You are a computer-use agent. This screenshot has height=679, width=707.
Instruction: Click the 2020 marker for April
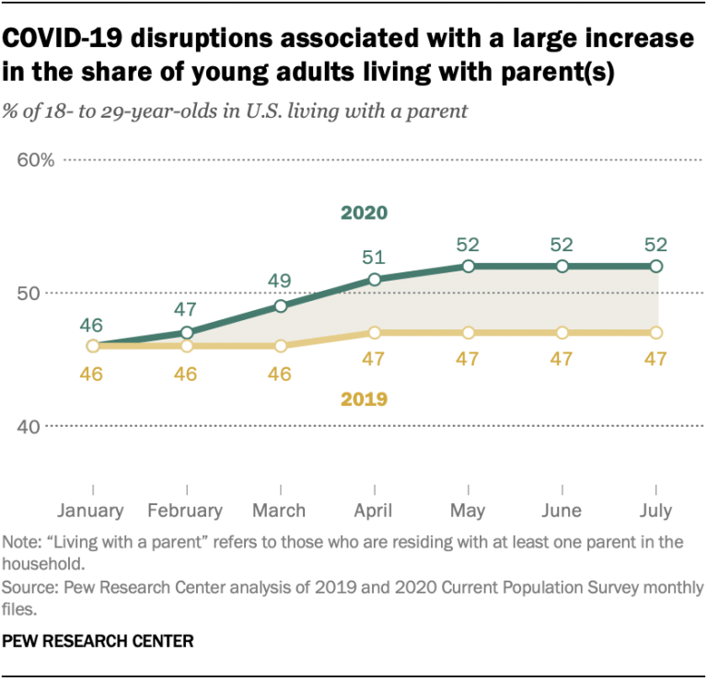click(374, 279)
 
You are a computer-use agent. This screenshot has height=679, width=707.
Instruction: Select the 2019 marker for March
click(281, 346)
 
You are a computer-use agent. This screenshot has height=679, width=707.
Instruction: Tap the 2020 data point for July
click(655, 266)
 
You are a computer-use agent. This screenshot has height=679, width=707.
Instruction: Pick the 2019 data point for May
click(468, 332)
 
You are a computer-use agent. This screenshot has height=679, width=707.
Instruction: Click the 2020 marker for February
click(187, 332)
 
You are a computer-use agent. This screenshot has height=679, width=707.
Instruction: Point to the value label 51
click(374, 258)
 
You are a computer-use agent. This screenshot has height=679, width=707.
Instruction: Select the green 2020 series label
click(364, 213)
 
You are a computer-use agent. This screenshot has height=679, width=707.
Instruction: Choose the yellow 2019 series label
click(364, 399)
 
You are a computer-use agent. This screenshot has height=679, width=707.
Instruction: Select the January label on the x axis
click(90, 510)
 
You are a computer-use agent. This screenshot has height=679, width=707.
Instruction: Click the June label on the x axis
click(561, 510)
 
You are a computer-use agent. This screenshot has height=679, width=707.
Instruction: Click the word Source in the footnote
click(27, 587)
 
